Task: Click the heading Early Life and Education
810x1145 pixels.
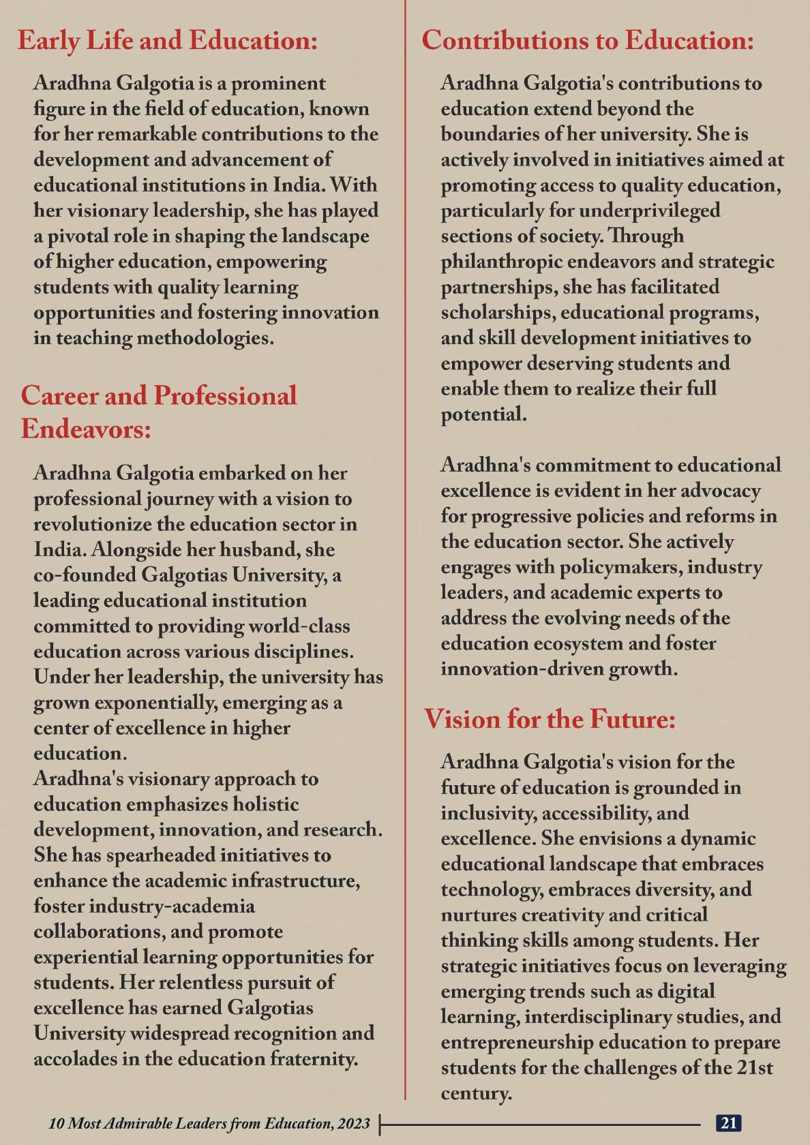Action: (x=168, y=41)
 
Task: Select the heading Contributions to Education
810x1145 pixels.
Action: (x=588, y=41)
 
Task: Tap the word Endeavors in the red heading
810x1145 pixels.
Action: (x=85, y=429)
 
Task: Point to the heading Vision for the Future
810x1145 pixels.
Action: (x=550, y=719)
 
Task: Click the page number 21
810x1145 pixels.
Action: (x=728, y=1123)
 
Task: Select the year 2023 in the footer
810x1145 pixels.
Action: (x=352, y=1123)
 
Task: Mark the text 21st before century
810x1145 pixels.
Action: (x=754, y=1068)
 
